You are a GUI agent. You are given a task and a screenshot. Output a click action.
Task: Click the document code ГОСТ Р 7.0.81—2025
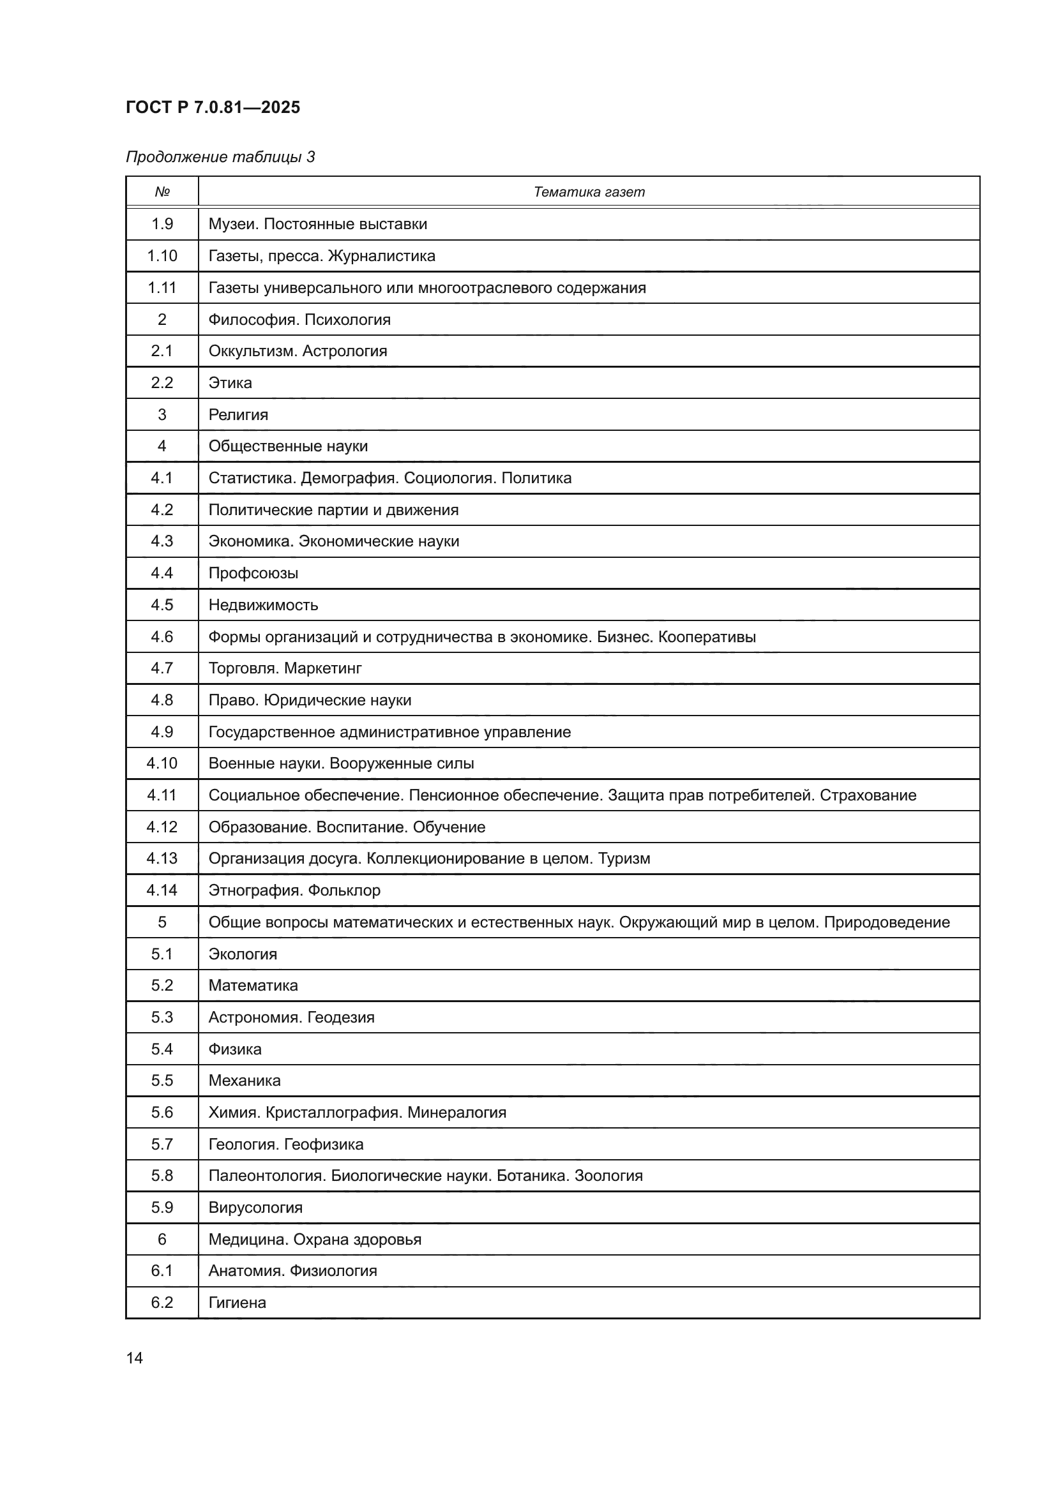(x=213, y=107)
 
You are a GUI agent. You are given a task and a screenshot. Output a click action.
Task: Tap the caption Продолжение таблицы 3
(x=220, y=157)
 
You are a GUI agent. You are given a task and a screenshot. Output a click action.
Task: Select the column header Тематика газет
(x=589, y=192)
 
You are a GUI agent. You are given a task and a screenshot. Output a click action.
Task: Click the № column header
(x=162, y=192)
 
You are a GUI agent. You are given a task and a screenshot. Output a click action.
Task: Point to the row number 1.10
(x=162, y=255)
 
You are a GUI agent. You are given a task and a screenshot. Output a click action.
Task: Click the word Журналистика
(x=381, y=255)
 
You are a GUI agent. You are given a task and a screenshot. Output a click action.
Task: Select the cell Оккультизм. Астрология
(x=297, y=351)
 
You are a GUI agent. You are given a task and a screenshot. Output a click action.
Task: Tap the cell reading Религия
(x=238, y=415)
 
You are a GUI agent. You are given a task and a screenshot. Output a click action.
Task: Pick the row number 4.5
(x=162, y=604)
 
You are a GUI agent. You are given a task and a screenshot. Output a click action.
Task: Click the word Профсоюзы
(x=253, y=573)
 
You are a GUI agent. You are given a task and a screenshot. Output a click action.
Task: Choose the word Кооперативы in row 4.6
(x=707, y=636)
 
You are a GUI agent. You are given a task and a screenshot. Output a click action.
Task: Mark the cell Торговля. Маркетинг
(x=285, y=668)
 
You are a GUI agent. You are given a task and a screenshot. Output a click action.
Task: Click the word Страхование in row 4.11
(x=868, y=795)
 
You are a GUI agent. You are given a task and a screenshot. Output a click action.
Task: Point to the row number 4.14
(x=162, y=890)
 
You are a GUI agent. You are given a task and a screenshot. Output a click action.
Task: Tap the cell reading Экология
(x=243, y=954)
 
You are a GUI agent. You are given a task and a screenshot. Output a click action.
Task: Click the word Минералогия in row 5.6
(x=456, y=1113)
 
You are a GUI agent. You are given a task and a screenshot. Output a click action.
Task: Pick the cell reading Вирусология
(x=255, y=1208)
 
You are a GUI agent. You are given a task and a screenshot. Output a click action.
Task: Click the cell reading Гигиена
(x=238, y=1303)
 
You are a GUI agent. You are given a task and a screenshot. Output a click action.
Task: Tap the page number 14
(x=135, y=1358)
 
